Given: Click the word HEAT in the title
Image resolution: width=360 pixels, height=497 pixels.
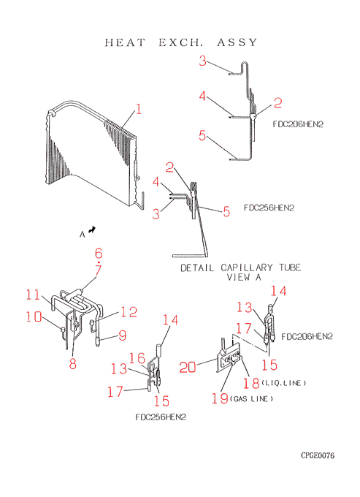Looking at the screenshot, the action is (x=125, y=42).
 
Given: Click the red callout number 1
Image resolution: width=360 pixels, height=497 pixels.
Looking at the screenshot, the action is (x=138, y=109).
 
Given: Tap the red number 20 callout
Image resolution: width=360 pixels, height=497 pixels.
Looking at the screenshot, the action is (x=188, y=368).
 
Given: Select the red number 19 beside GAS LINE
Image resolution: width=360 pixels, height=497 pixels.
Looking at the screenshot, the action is (x=220, y=398).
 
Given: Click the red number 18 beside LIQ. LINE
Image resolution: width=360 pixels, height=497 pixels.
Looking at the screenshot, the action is (x=251, y=383).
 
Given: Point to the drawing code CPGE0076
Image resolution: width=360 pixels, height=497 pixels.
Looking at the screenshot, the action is (x=318, y=455).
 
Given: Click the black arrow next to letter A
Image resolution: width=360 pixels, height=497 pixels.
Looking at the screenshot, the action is (x=92, y=229).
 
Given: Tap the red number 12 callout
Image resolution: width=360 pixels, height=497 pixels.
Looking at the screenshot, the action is (x=129, y=312).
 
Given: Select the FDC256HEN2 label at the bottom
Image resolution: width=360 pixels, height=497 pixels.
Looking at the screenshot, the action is (x=161, y=417).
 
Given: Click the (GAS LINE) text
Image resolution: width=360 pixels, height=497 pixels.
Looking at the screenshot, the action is (x=251, y=399).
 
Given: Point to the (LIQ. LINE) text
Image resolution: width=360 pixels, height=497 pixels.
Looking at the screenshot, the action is (x=284, y=383).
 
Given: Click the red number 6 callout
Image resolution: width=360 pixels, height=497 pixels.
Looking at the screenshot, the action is (x=99, y=254).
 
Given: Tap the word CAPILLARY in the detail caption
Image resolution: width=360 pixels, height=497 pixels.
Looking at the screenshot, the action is (x=247, y=268).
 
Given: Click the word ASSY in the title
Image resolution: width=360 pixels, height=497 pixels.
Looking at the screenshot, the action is (x=237, y=42).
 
